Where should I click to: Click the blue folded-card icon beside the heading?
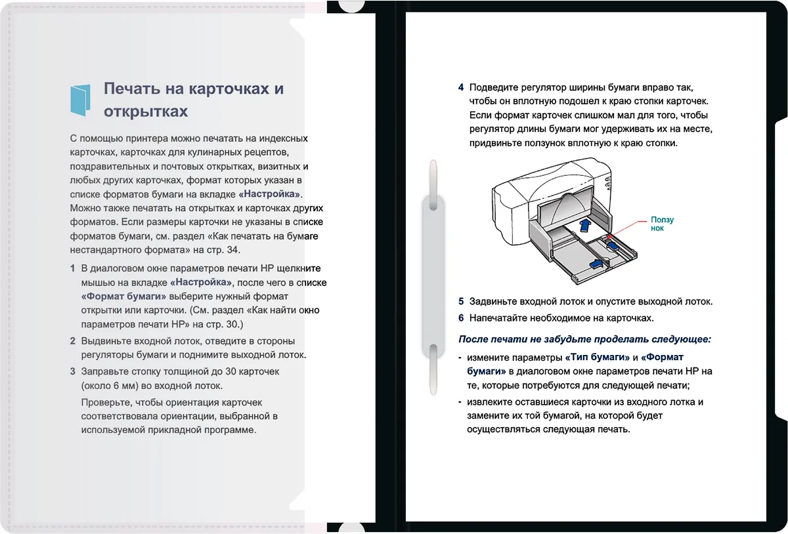(81, 99)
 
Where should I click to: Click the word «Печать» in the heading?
(129, 89)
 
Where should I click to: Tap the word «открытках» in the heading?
(145, 111)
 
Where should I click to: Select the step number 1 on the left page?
(72, 268)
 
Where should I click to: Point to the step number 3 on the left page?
(72, 371)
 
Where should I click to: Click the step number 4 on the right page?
(461, 87)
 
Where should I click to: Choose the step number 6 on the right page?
(461, 318)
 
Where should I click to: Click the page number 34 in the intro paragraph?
(233, 250)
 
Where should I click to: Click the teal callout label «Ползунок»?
(662, 224)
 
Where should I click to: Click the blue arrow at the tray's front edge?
(593, 264)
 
